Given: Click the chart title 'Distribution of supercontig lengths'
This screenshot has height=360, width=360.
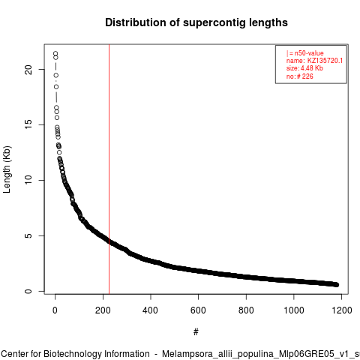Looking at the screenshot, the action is (x=196, y=22).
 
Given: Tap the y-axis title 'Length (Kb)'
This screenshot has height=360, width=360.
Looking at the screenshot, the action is (x=7, y=169).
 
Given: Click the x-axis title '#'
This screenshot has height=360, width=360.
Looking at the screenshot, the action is (x=196, y=332).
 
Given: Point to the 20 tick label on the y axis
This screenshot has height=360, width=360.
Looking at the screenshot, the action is (x=28, y=70).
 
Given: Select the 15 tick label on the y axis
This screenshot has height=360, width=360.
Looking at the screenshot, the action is (x=28, y=125).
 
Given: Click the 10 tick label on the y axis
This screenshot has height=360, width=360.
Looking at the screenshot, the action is (x=28, y=180).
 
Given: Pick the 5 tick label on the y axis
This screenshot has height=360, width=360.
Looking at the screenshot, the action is (x=28, y=235).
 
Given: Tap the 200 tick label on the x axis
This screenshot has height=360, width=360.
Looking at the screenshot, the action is (x=103, y=310).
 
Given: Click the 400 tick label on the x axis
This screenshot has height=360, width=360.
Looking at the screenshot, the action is (x=151, y=310).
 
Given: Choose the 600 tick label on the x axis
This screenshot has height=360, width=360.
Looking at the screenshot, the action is (x=198, y=310).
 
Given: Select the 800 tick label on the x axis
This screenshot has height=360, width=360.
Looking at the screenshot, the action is (x=246, y=310).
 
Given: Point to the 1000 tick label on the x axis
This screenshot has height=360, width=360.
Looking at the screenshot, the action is (x=294, y=310).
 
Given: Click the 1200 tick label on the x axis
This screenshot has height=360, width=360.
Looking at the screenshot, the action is (x=342, y=310).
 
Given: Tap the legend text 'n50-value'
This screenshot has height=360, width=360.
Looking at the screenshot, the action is (x=309, y=53).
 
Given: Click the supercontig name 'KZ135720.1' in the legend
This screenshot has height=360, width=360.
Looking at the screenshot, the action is (x=325, y=61).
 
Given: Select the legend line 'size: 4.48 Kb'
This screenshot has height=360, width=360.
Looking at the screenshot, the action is (x=304, y=68).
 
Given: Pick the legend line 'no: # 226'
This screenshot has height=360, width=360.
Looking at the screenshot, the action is (x=300, y=76).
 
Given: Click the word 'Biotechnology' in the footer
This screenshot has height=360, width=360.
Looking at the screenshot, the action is (x=72, y=354).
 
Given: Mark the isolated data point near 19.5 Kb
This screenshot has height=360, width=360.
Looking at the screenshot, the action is (x=56, y=75).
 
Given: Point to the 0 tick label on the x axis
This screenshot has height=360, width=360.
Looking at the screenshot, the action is (x=55, y=310).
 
